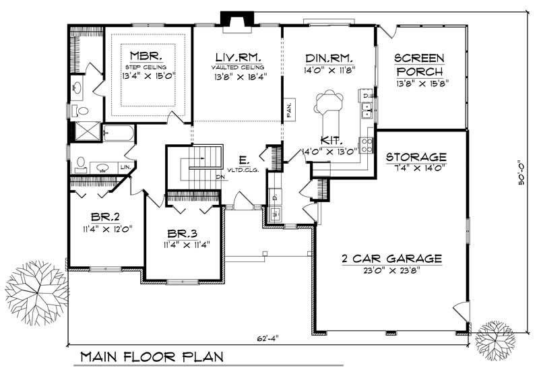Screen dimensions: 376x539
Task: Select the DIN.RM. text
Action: coord(329,57)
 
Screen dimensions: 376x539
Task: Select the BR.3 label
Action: coord(182,233)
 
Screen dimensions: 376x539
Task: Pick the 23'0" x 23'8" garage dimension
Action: coord(390,271)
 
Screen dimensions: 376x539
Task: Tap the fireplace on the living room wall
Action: coord(237,22)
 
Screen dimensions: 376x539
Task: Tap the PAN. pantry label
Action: coord(288,110)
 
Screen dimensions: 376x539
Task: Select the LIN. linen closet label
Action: coord(125,166)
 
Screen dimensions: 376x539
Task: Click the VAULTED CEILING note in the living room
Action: coord(237,67)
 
